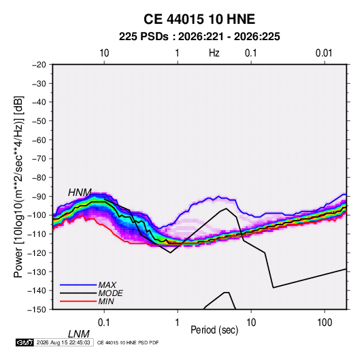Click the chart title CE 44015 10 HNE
click(x=199, y=19)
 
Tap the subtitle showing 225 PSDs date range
click(x=199, y=37)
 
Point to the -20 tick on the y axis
click(x=39, y=65)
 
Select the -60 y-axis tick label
click(x=39, y=140)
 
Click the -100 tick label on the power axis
click(x=37, y=215)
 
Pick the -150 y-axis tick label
click(x=37, y=310)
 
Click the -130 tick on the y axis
click(x=37, y=272)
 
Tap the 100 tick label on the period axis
click(x=325, y=323)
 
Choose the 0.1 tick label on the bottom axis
click(x=103, y=323)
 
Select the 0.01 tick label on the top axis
click(x=324, y=53)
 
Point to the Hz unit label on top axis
click(x=214, y=53)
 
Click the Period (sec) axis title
click(x=214, y=330)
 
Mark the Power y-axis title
click(x=18, y=186)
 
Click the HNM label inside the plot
click(x=80, y=193)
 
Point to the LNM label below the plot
click(x=79, y=334)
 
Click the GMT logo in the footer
click(x=25, y=342)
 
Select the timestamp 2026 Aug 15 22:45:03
click(x=63, y=342)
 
